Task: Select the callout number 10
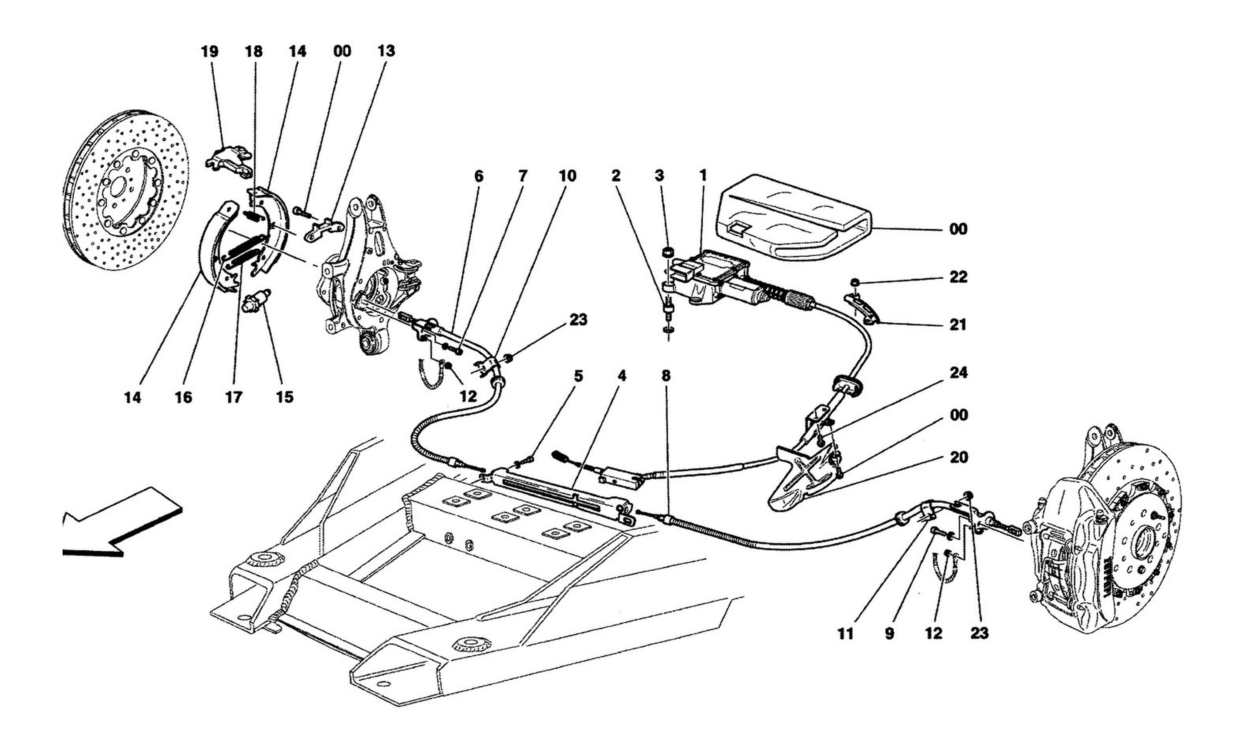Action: [567, 176]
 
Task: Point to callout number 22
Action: [958, 277]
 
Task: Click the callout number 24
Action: [958, 373]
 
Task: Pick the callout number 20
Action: [958, 457]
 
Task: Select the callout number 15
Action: [285, 397]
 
